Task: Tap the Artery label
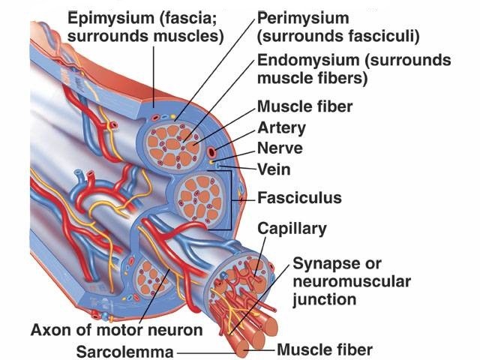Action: point(281,128)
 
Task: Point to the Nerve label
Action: point(280,148)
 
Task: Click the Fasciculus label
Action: point(299,199)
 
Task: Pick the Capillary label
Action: point(292,227)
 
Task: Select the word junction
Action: point(323,300)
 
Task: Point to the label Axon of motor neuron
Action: point(116,329)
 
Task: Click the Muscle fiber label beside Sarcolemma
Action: point(324,349)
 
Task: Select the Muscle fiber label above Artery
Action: point(304,106)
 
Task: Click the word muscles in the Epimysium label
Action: point(189,36)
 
